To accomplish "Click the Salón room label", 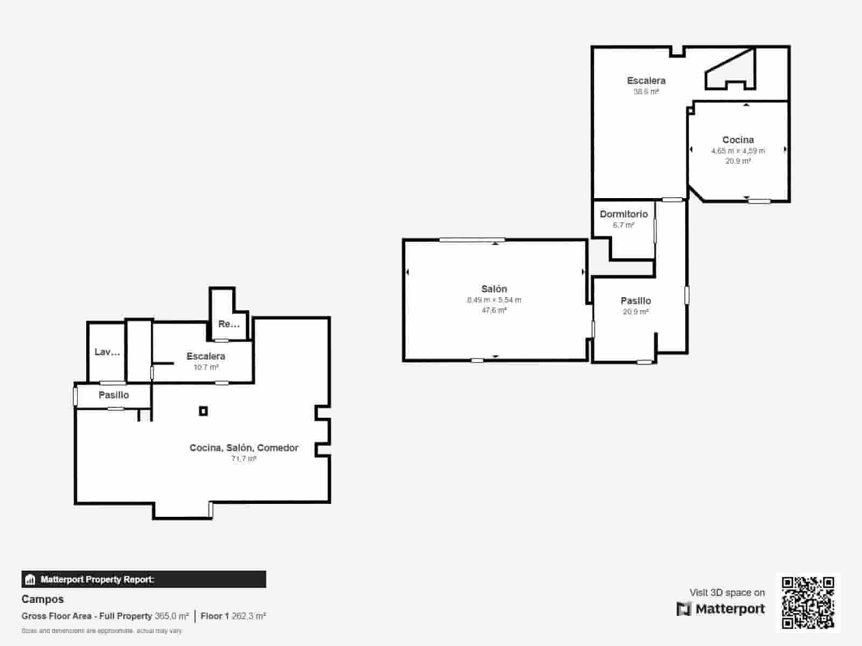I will (494, 289).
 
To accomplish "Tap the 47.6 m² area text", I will (494, 311).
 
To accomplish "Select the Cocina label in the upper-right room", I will (738, 140).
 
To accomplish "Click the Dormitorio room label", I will (623, 214).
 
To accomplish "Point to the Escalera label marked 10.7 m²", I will (206, 356).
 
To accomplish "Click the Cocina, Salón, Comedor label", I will (244, 448).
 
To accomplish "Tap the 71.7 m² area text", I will (244, 459).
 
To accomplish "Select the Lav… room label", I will (107, 352).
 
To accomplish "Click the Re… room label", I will (228, 324).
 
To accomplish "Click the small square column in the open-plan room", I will (203, 411).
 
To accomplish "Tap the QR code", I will (808, 602).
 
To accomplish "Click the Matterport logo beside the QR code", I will (720, 609).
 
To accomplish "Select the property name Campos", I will (43, 599).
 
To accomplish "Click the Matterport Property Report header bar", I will (143, 579).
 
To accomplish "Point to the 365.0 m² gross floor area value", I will (171, 616).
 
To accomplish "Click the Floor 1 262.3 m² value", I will (233, 616).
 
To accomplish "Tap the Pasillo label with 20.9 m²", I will (635, 301).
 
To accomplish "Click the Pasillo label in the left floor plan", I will (114, 395).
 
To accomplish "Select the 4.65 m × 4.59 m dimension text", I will (738, 151).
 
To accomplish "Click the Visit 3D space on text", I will (727, 593).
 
